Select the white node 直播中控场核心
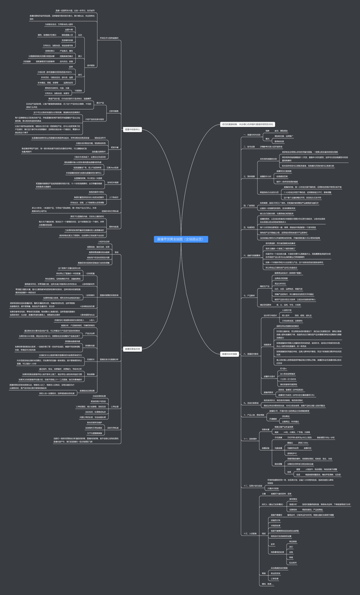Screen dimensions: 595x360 [132, 129]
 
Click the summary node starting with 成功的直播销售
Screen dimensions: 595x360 [247, 124]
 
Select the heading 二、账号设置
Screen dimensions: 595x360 [247, 146]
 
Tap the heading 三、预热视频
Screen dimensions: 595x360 [247, 176]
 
